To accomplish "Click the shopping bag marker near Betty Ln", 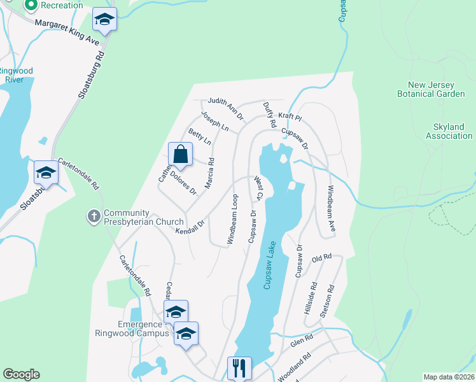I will tap(181, 154).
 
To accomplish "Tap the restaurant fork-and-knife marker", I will tap(239, 368).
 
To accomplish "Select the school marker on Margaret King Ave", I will tap(104, 20).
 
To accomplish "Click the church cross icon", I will tap(94, 217).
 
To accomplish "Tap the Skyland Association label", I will tap(449, 131).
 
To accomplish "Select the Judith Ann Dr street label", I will tap(223, 108).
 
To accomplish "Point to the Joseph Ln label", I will tap(214, 122).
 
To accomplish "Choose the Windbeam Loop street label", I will tap(232, 219).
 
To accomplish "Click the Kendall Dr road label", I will tap(190, 226).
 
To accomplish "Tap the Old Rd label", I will tap(322, 258).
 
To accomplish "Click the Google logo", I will tap(21, 374).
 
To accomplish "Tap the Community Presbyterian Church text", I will tap(134, 217).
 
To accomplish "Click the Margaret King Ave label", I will tap(67, 31).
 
